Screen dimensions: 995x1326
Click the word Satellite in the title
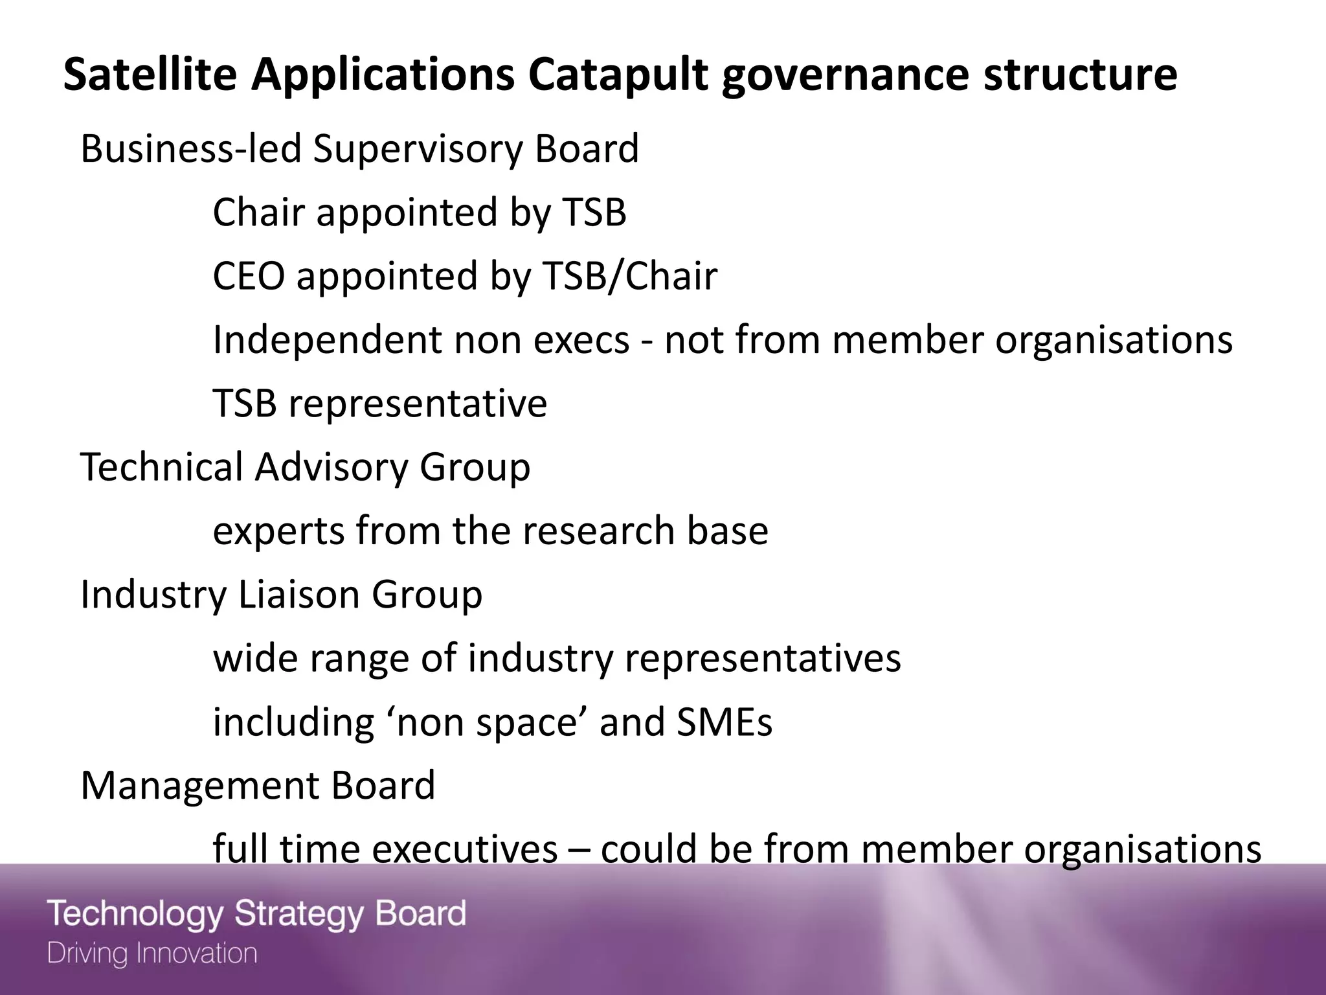[150, 74]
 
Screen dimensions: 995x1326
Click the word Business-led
[191, 149]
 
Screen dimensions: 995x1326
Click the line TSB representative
[380, 403]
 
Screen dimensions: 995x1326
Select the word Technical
[161, 466]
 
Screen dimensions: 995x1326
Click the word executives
[465, 849]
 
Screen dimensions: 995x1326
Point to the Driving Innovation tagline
[153, 954]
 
